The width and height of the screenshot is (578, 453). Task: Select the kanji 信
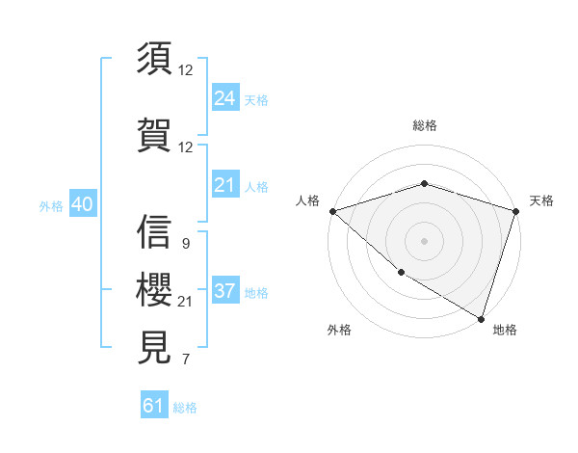[155, 232]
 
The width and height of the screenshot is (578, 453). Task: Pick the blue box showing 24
[225, 98]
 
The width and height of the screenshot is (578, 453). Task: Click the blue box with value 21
[225, 185]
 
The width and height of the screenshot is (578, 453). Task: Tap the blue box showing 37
[225, 291]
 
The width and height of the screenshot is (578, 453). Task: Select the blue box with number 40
[81, 204]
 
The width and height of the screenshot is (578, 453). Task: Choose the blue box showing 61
[154, 406]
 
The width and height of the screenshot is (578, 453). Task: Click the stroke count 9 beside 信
[185, 244]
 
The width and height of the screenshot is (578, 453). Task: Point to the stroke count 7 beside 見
[185, 360]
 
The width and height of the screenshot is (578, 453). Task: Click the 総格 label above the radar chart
[424, 125]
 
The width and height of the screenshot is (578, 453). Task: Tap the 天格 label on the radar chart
[541, 200]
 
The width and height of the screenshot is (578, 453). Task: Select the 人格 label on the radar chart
[307, 200]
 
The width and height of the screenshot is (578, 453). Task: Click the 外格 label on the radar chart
[339, 330]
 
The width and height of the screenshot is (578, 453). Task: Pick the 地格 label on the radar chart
[505, 330]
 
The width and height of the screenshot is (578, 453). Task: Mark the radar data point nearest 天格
[515, 211]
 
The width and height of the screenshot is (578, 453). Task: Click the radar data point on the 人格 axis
[332, 211]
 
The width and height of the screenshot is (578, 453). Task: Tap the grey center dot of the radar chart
[424, 241]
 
